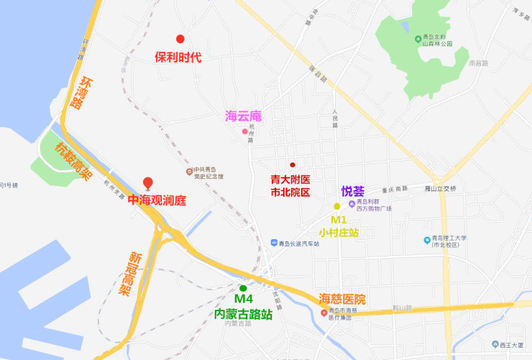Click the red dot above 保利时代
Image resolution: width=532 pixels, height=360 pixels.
pos(180,39)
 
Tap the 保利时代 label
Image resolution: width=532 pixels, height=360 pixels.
pos(178,57)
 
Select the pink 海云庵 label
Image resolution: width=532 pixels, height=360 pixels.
pos(243,116)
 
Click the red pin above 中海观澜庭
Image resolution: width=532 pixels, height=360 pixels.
pos(148,183)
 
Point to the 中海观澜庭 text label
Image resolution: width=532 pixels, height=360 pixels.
pos(157,200)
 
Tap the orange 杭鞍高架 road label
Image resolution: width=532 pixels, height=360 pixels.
pos(74,162)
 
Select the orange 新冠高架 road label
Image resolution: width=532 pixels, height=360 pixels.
pos(129,274)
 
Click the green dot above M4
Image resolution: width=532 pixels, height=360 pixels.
pos(243,288)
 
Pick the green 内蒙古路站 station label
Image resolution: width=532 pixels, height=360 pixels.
pos(244,314)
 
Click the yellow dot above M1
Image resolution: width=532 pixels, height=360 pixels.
pos(336,206)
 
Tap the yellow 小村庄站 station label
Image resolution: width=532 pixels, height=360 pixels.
pos(339,232)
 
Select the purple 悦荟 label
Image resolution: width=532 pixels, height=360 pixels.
pos(353,191)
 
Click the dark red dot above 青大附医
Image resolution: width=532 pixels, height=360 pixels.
pos(292,165)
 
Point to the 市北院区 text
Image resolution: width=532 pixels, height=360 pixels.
pos(290,193)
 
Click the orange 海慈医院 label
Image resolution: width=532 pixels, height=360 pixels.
pos(342,299)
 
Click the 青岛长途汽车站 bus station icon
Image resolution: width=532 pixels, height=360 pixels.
pos(273,244)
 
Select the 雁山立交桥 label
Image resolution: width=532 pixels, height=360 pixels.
pos(441,188)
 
